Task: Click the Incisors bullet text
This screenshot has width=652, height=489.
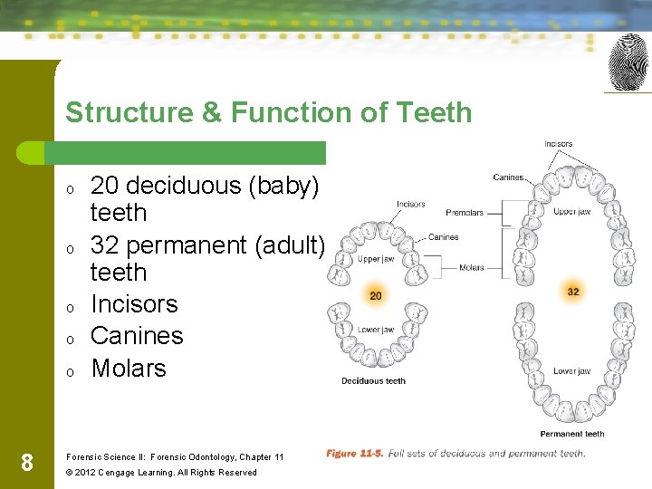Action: coord(134,304)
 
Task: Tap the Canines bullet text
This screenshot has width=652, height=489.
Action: coord(137,336)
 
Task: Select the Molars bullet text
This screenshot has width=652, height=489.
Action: coord(129,369)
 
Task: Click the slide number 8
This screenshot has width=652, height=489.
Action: coord(26,464)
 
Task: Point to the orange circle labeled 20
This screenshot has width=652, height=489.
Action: coord(375,296)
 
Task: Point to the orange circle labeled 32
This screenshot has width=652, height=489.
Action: coord(572,292)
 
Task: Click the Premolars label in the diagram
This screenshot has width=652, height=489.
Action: coord(465,213)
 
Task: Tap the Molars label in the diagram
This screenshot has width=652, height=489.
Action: coord(472,268)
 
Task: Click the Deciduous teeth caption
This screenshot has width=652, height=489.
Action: coord(373,381)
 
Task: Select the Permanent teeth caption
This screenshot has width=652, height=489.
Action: coord(572,435)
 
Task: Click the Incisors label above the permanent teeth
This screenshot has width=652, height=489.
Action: coord(558,144)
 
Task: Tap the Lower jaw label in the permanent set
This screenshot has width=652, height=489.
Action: coord(571,371)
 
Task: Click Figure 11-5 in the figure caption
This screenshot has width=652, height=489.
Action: coord(355,454)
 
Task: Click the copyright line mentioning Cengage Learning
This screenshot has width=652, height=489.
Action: coord(161,473)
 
